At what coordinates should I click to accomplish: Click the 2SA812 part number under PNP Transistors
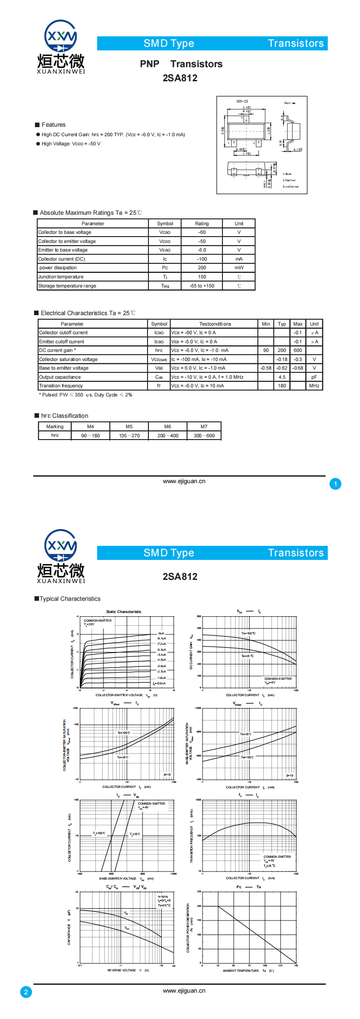180,78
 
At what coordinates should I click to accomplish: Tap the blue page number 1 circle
335,484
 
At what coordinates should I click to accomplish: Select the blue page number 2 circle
26,992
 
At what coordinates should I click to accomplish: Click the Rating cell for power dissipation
202,268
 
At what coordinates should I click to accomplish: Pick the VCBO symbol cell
165,232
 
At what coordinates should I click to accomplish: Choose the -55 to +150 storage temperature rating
202,286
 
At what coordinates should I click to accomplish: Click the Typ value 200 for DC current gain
282,351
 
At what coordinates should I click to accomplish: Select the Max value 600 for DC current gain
298,351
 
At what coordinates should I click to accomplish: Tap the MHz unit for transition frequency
314,386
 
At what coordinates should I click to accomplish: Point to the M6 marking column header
168,427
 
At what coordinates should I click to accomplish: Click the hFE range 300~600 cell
204,435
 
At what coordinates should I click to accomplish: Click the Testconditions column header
215,324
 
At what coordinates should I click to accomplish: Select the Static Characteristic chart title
123,612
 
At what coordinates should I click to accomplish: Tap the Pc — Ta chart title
249,887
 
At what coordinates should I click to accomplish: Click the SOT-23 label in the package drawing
242,101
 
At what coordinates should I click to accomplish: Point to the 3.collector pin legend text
291,187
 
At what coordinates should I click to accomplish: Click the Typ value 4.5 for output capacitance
282,377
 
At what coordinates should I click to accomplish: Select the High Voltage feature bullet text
71,144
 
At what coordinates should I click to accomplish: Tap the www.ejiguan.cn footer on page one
184,481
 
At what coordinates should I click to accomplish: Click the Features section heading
54,125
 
